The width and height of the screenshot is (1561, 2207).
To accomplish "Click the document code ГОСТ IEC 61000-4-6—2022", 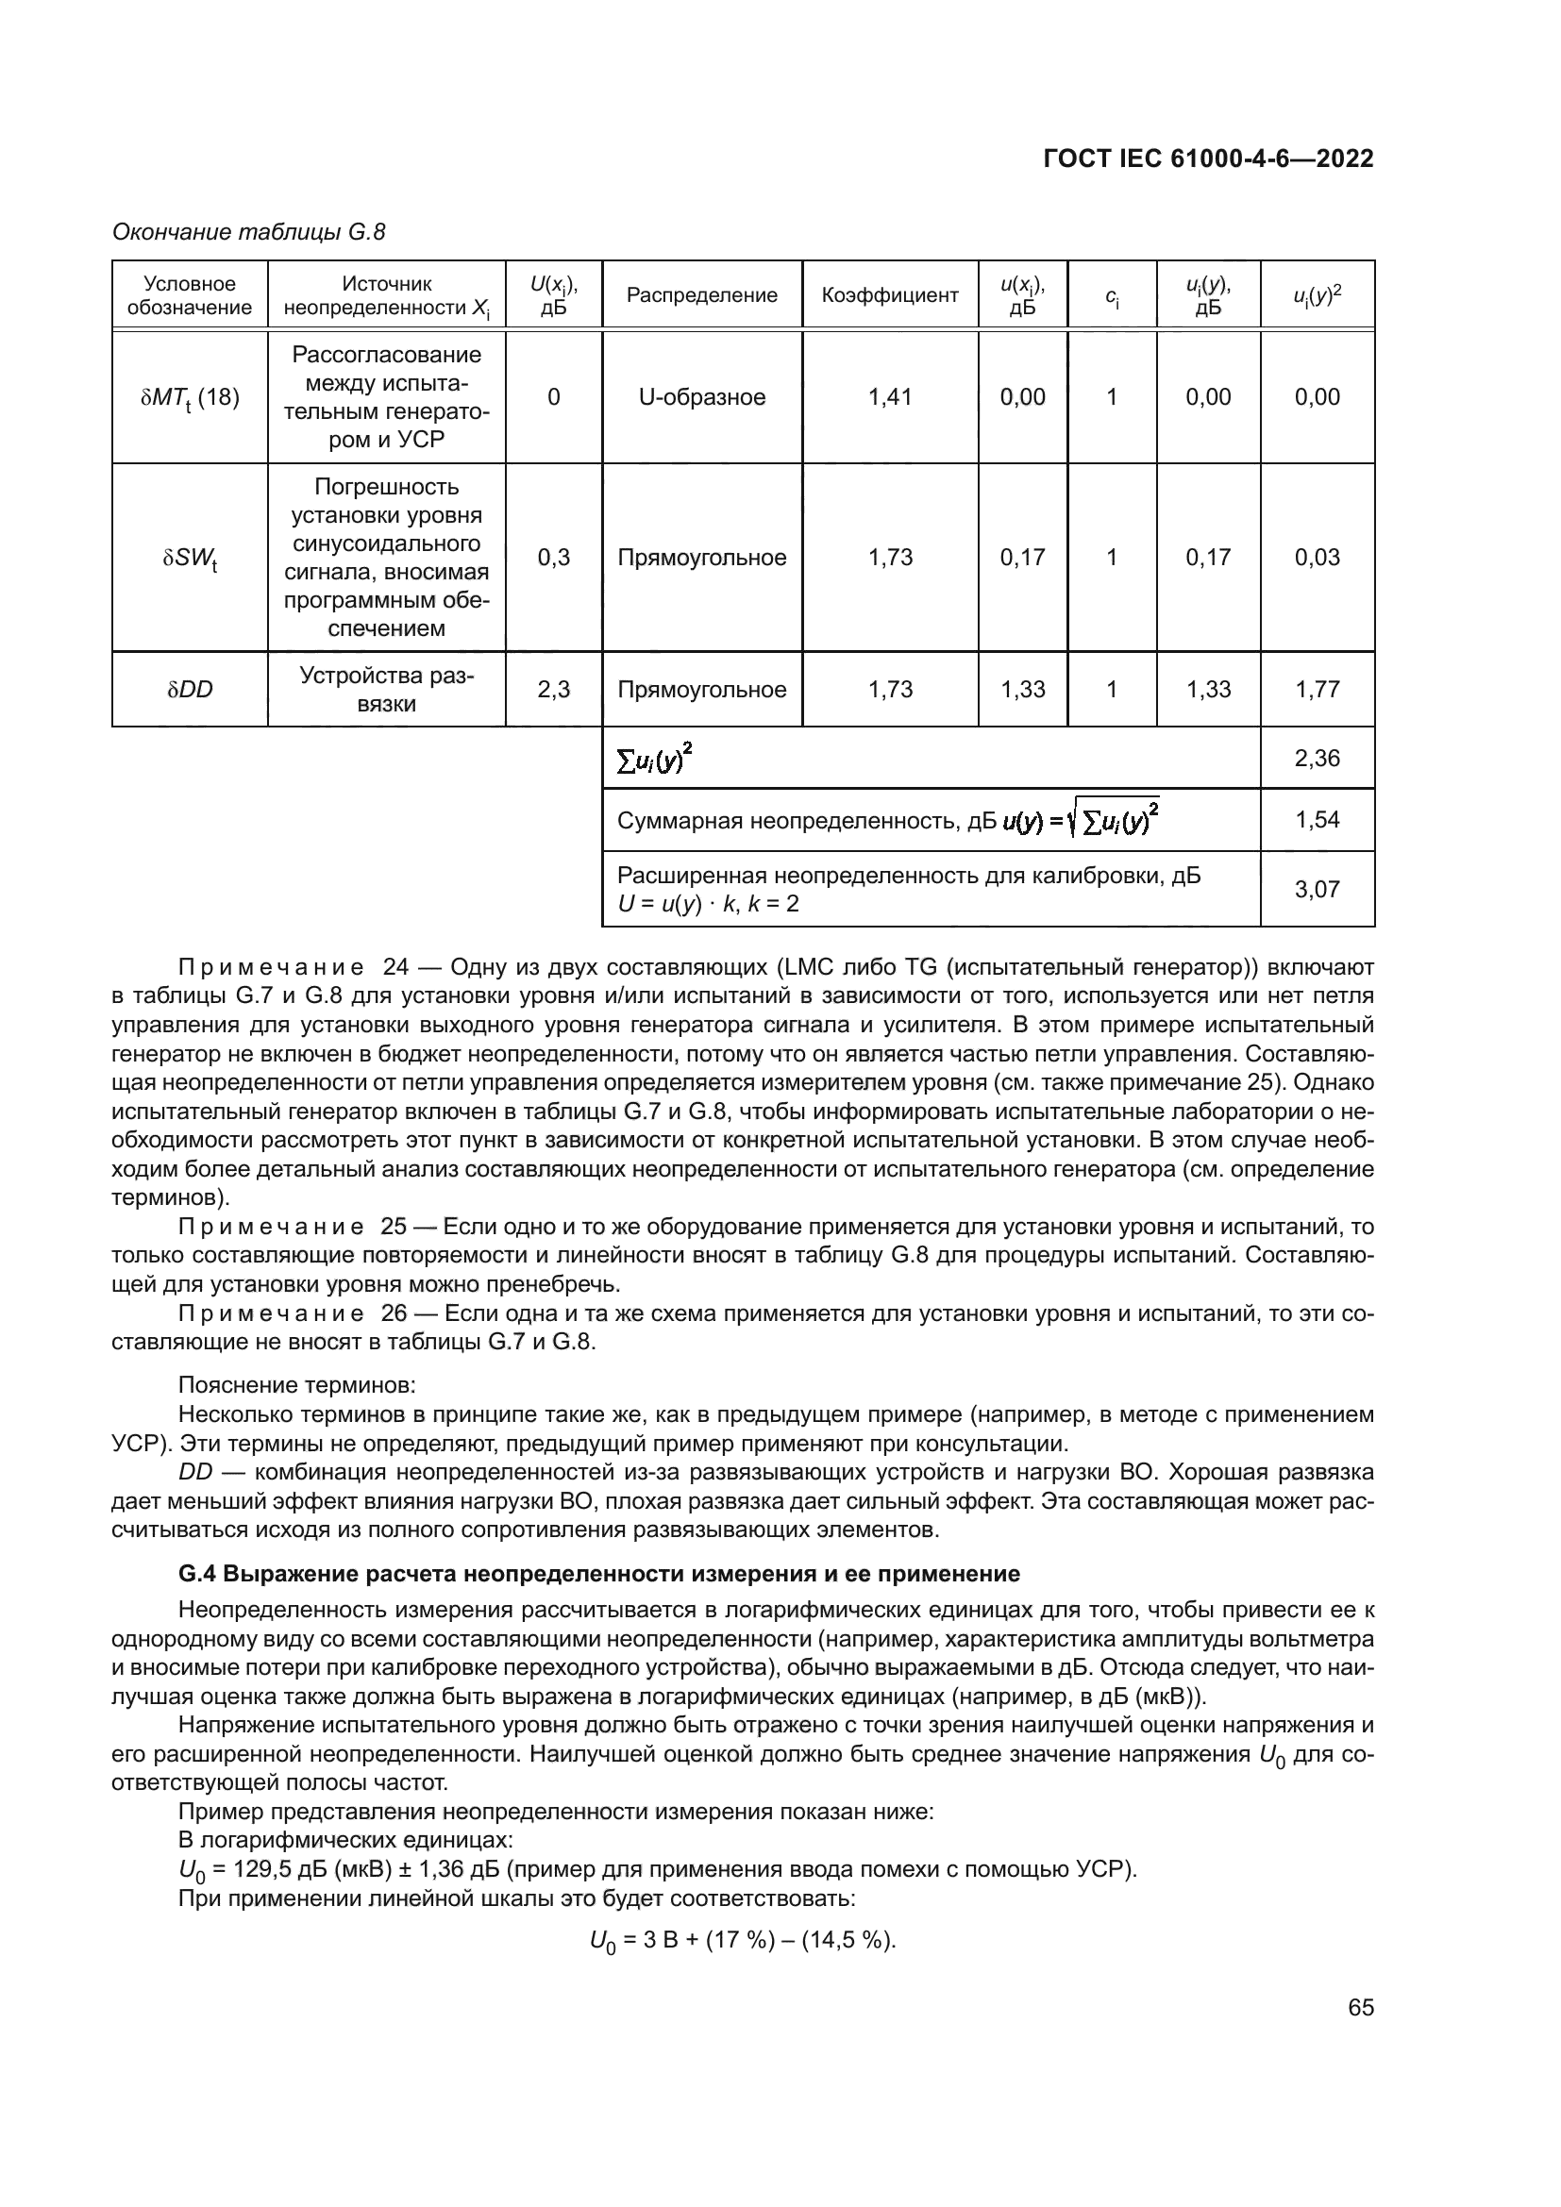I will point(1208,159).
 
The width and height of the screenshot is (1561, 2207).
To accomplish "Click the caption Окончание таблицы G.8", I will point(249,232).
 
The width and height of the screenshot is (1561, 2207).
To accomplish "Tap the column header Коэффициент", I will point(890,295).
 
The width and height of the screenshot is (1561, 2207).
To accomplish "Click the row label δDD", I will point(190,689).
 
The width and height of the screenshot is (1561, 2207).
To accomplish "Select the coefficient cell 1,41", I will point(890,397).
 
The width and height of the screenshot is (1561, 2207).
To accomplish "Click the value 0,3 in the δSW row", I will point(554,558).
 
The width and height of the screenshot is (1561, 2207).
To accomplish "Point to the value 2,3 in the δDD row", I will point(554,689).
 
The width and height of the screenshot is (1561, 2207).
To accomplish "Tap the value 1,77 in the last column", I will point(1317,689).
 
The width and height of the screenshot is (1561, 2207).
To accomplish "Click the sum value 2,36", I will point(1317,759).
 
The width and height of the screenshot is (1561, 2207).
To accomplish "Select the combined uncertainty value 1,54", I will point(1317,820).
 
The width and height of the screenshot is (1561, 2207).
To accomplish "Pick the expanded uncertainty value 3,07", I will point(1317,889).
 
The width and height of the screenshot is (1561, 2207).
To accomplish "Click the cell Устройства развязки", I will point(386,689).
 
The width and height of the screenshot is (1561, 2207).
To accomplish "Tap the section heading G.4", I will point(599,1575).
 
